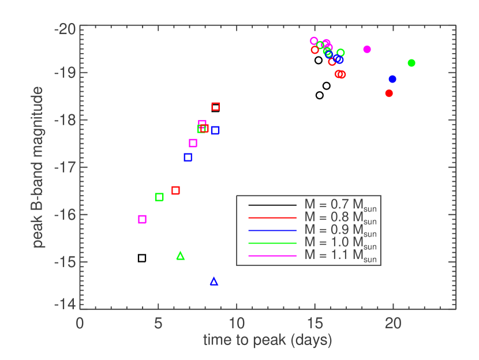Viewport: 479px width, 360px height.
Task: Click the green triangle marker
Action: (181, 256)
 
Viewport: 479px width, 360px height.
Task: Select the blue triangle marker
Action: (214, 282)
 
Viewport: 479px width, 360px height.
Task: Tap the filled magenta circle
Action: (367, 50)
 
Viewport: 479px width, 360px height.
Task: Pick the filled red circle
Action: (389, 93)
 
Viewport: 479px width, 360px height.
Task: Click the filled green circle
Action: (411, 63)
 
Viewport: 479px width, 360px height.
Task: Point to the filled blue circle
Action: (392, 79)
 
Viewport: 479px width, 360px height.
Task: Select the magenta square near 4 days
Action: (143, 219)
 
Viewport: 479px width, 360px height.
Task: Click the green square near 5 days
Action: (160, 197)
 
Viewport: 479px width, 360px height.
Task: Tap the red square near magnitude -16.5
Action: (176, 190)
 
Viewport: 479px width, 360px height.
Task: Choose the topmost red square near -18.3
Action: (216, 106)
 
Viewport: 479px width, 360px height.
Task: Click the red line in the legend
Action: (272, 218)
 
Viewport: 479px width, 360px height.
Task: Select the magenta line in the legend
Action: (272, 255)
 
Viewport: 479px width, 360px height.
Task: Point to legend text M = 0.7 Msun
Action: (340, 204)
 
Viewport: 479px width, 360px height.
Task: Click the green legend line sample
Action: (272, 243)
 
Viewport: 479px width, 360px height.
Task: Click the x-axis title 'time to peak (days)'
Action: (267, 340)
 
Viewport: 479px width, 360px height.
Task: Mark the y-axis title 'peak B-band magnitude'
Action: (39, 167)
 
